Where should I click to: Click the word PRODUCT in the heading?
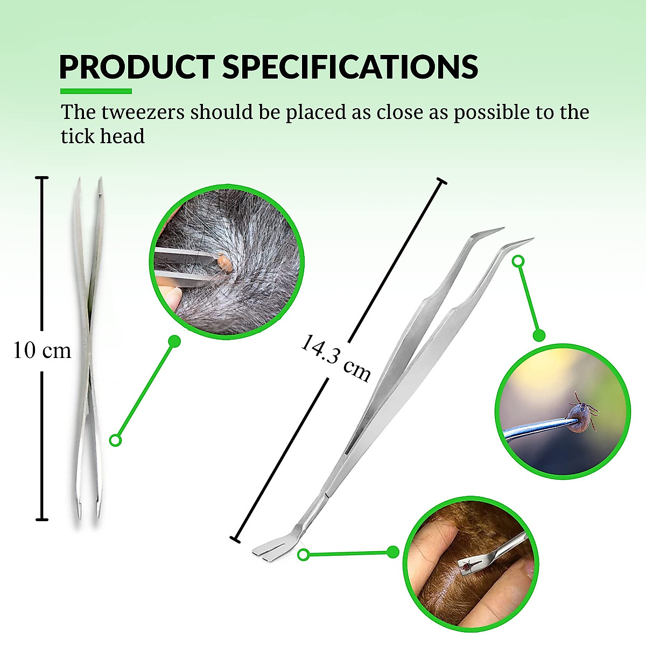pyautogui.click(x=137, y=67)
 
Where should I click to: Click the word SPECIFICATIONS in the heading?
pyautogui.click(x=350, y=67)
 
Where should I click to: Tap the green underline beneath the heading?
pyautogui.click(x=96, y=91)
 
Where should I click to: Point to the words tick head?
pyautogui.click(x=103, y=136)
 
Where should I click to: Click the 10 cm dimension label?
pyautogui.click(x=43, y=351)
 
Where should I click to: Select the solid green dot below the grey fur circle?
pyautogui.click(x=174, y=341)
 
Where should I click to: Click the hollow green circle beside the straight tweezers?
pyautogui.click(x=115, y=440)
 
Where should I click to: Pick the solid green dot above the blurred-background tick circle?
pyautogui.click(x=539, y=335)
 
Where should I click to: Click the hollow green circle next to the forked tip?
pyautogui.click(x=304, y=554)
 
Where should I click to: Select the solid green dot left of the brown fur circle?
pyautogui.click(x=393, y=552)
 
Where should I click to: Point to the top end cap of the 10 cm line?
pyautogui.click(x=42, y=178)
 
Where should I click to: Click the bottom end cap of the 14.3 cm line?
pyautogui.click(x=235, y=538)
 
